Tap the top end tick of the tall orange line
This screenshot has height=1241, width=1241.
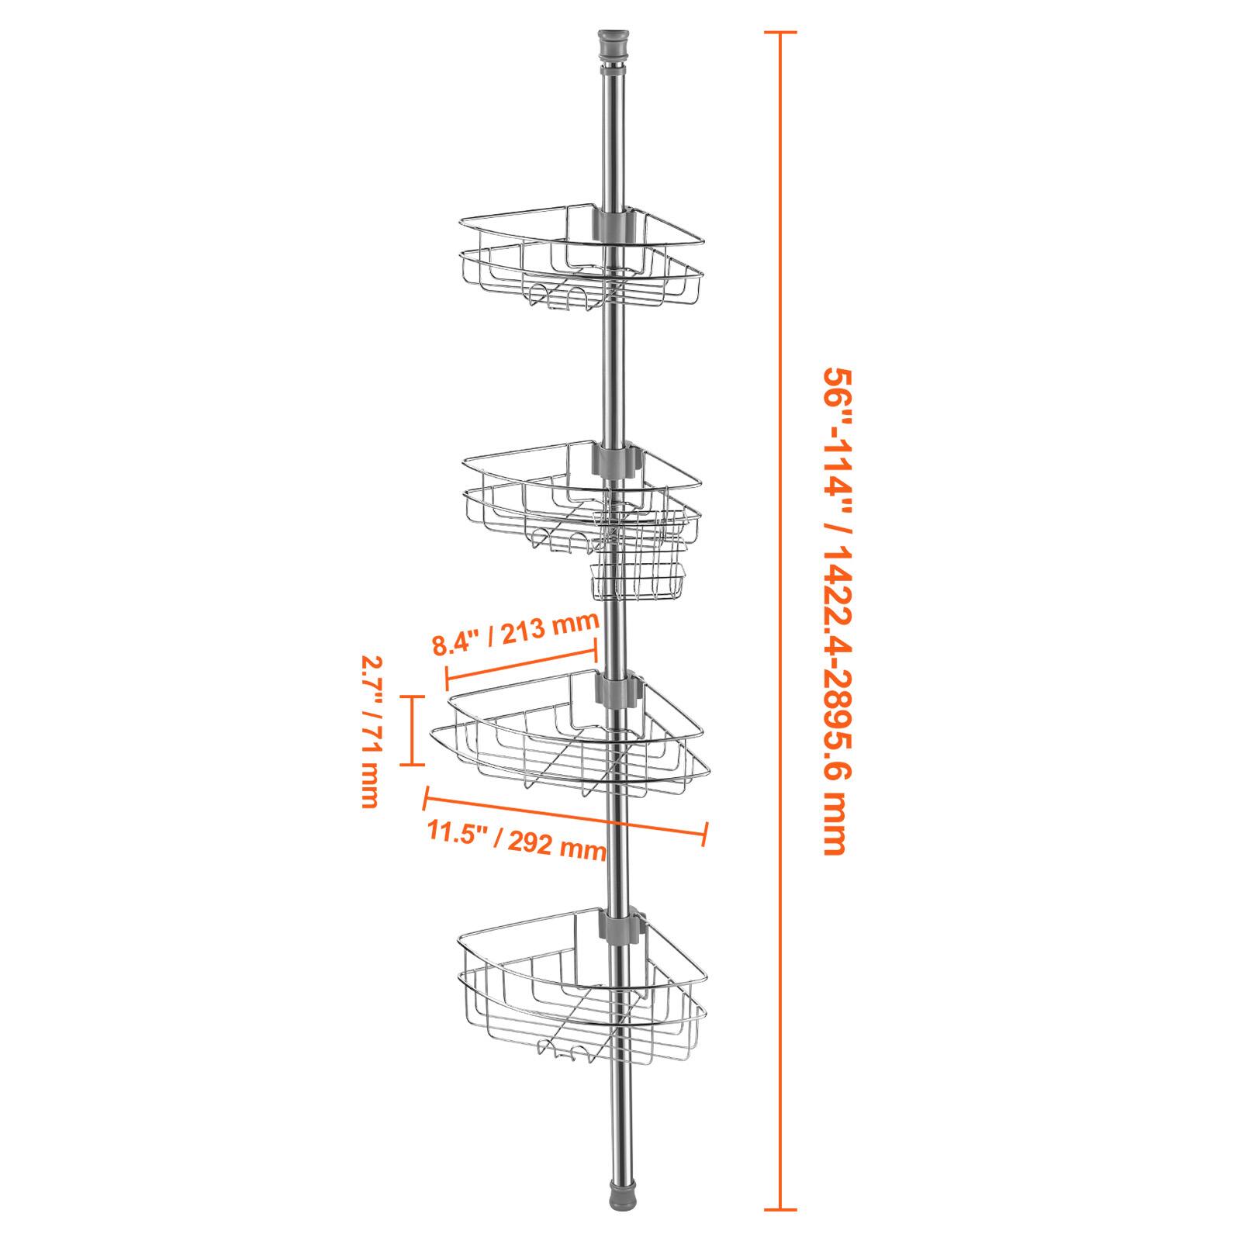tap(780, 33)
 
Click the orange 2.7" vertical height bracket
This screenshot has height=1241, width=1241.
tap(412, 730)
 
